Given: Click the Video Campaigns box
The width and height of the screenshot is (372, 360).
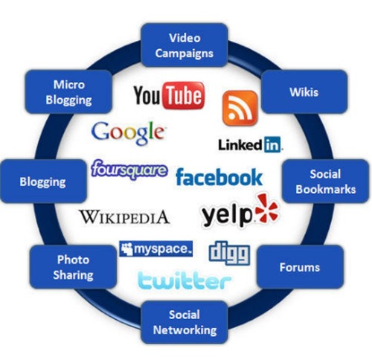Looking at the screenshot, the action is coord(185,45).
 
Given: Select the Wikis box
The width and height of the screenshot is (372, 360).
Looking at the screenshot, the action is coord(304,91).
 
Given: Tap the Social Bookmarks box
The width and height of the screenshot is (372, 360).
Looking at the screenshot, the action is coord(325,181).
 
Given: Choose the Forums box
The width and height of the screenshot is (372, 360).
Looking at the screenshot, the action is coord(300,267).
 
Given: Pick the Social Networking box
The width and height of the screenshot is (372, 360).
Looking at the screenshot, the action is coord(185,322).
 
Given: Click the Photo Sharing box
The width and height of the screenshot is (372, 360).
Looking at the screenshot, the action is coord(73,267).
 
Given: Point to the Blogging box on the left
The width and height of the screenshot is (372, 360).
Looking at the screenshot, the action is coord(43,181).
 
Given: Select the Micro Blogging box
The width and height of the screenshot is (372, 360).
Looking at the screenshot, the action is coord(68,91).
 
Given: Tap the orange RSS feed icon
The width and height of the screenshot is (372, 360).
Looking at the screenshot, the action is coord(240,108).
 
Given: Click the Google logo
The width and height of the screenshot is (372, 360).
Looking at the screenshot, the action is coord(128,133).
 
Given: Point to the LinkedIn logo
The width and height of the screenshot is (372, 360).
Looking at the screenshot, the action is coord(251,144).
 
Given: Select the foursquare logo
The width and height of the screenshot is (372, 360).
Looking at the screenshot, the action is coord(129,170).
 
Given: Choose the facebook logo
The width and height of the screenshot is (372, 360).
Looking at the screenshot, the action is coord(219,177).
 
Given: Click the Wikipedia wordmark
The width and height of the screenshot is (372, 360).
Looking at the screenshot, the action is coord(124,217).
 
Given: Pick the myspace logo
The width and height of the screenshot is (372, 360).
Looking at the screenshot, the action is coord(155,248).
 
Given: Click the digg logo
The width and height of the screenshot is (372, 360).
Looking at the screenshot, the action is coord(229,253).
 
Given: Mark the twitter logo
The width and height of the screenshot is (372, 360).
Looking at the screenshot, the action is coord(185,280).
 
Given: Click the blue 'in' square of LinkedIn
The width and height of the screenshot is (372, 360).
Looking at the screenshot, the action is coord(272,144).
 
